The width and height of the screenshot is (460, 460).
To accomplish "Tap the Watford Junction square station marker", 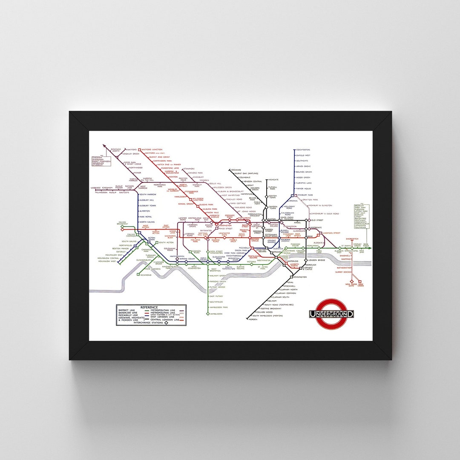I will [x=139, y=150].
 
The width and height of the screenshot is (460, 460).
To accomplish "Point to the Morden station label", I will [x=253, y=319].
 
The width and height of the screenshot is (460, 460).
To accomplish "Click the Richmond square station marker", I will [x=138, y=275].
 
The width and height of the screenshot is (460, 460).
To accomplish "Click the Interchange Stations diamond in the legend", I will [x=167, y=323].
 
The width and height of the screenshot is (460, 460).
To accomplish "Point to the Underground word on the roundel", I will [x=332, y=314].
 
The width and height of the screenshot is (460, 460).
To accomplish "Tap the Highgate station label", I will [x=273, y=180].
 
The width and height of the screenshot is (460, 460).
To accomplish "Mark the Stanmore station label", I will [x=189, y=169].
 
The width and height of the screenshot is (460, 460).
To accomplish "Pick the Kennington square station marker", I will [x=290, y=277].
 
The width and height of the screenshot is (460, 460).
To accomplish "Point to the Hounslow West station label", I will [x=107, y=261].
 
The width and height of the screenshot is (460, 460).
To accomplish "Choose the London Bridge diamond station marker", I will [x=305, y=260].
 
